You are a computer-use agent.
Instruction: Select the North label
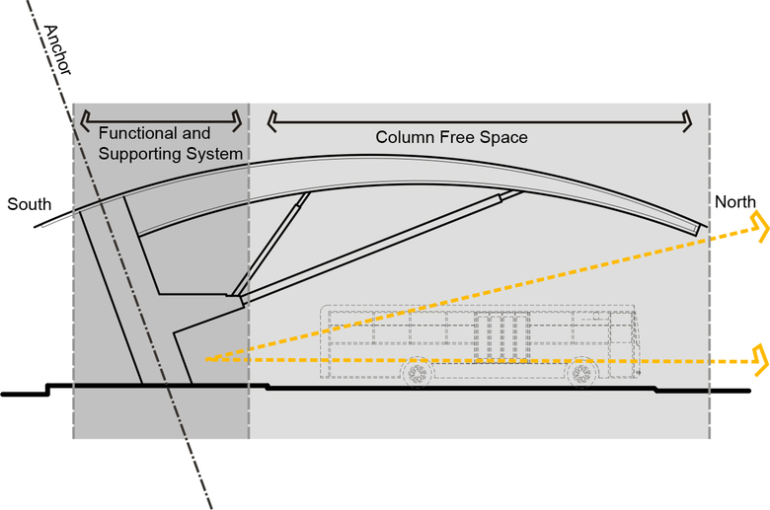click(735, 202)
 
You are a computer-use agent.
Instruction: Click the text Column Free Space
click(451, 137)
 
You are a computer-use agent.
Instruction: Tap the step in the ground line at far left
click(47, 388)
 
